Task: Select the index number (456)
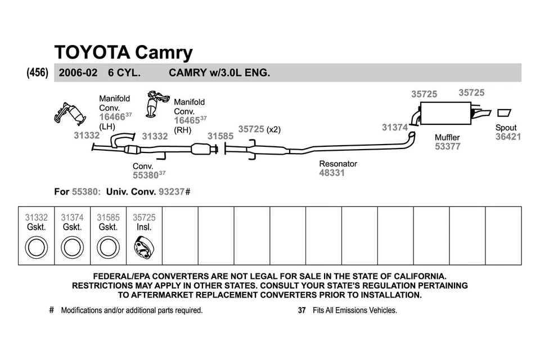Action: click(x=38, y=73)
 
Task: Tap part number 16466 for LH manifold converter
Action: click(x=111, y=117)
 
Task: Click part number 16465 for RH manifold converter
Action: click(x=186, y=120)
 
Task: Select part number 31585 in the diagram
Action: click(x=220, y=136)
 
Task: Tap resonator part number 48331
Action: click(x=332, y=173)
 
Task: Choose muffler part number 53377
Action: click(x=447, y=147)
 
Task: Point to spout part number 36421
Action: click(x=508, y=137)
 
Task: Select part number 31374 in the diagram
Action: click(x=394, y=128)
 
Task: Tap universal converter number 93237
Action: click(x=171, y=191)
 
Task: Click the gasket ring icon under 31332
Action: click(x=37, y=247)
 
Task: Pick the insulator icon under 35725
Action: click(x=144, y=247)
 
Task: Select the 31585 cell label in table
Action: click(x=108, y=217)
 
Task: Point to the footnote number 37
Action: click(x=301, y=310)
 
